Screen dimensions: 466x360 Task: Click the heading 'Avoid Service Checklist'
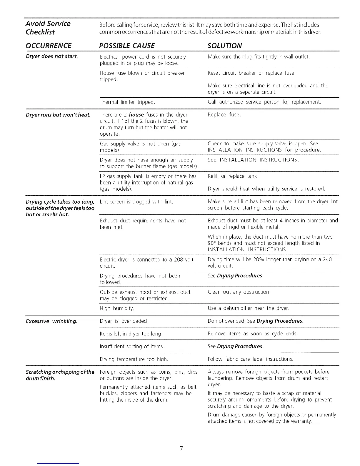[48, 28]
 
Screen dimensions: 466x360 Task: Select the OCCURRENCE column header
[49, 46]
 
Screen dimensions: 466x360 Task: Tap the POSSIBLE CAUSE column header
[127, 46]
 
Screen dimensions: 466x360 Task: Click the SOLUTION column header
[224, 46]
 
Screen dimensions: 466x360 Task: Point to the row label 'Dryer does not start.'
[52, 56]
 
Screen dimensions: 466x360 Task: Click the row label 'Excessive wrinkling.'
[51, 321]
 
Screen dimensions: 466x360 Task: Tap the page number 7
[181, 448]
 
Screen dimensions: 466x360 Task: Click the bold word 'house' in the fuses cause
[136, 115]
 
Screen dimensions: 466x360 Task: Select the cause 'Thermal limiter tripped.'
[127, 102]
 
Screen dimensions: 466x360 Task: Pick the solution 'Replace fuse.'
[224, 115]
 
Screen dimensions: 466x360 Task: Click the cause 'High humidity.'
[117, 308]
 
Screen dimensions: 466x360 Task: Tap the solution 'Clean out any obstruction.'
[239, 292]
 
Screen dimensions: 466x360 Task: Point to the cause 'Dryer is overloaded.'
[124, 321]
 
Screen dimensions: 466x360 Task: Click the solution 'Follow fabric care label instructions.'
[250, 359]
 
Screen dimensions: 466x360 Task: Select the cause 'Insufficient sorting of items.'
[132, 346]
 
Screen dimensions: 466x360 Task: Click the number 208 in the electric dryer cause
[179, 259]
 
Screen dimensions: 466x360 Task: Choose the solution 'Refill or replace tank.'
[233, 176]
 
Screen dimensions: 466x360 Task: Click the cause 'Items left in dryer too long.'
[131, 334]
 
